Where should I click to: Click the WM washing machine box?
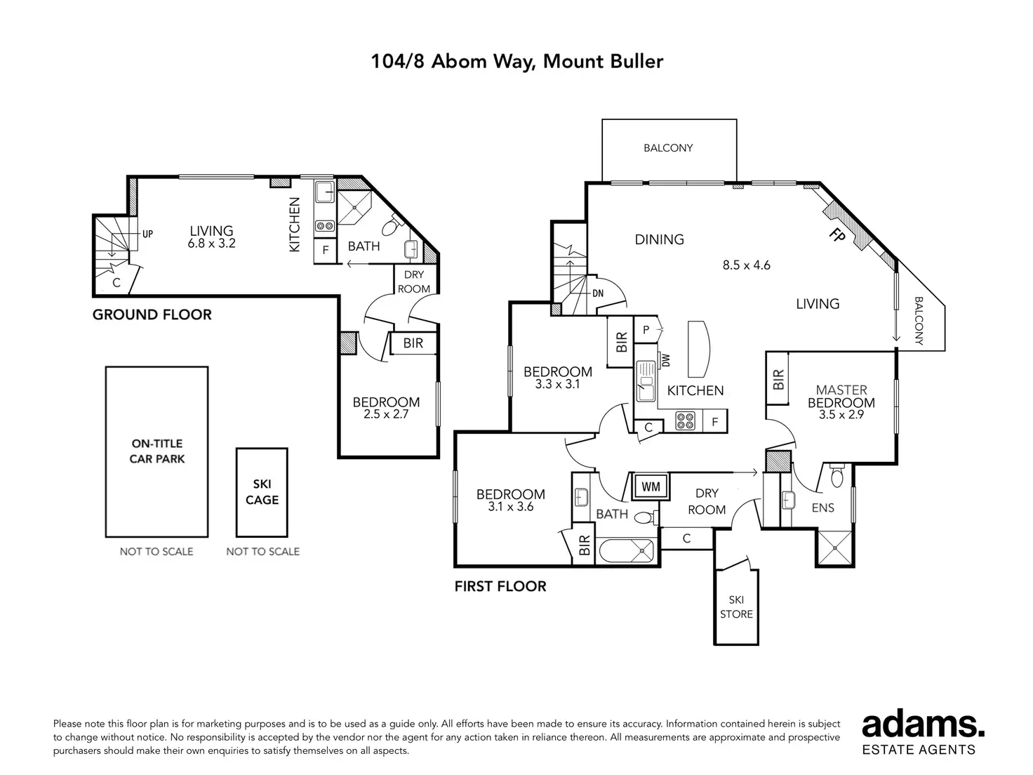651,486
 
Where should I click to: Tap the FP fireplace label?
837,234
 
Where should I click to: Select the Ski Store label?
736,607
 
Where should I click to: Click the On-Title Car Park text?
156,451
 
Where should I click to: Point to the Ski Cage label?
262,491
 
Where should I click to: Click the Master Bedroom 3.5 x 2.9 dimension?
841,415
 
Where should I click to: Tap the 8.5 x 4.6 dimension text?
747,265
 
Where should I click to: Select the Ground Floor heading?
152,314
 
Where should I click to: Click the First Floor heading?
500,586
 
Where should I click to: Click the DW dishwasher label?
666,360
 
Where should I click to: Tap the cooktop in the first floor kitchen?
685,420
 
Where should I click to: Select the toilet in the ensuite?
837,476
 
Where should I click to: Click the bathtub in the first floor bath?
627,551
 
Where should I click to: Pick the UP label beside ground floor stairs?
147,234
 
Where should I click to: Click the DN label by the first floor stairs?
598,293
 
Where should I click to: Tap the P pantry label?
646,330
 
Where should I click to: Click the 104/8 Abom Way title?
517,62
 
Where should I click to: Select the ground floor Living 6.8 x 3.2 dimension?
211,244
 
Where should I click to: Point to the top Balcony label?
668,147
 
